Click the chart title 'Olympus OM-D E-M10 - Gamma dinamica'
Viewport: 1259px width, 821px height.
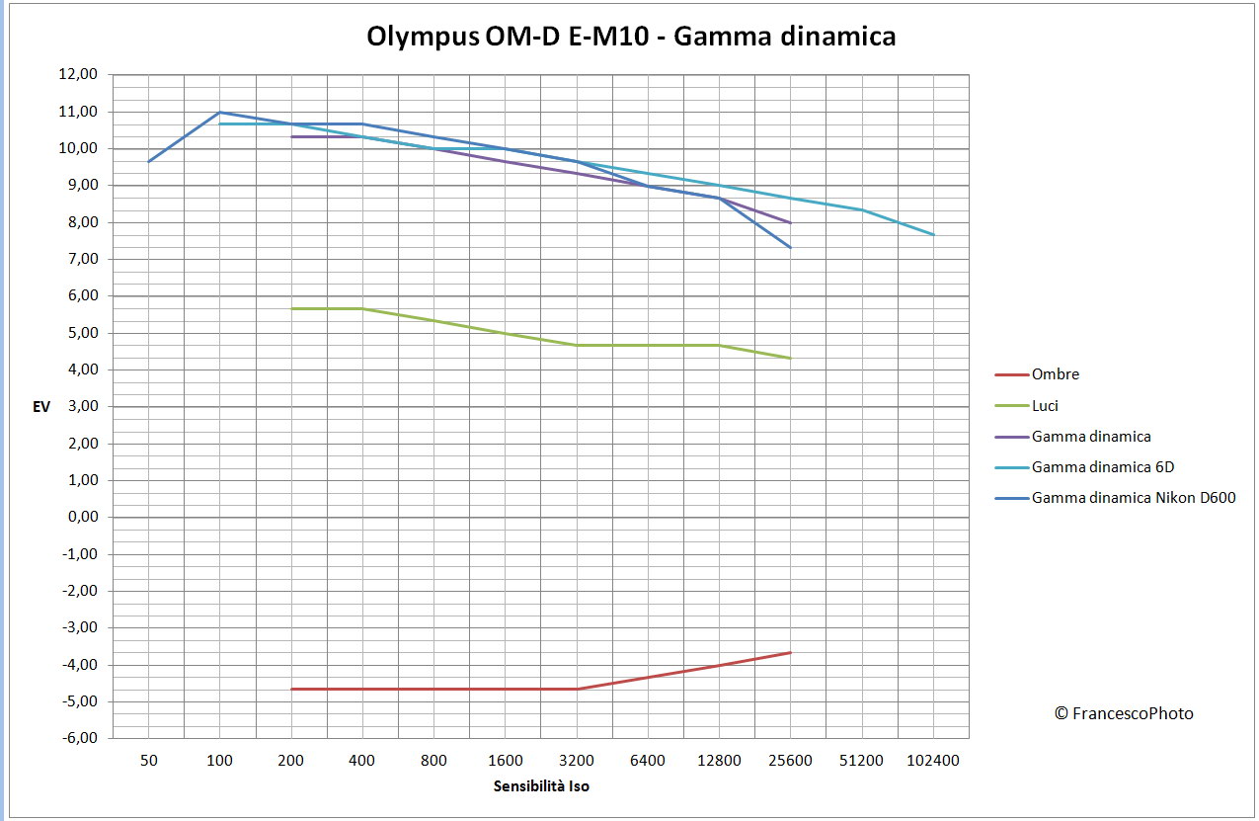631,37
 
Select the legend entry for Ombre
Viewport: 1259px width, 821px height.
1055,374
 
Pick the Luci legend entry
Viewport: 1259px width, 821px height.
1046,405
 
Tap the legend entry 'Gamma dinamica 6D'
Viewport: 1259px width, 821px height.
1102,466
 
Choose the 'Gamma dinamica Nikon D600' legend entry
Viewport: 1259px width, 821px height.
1133,498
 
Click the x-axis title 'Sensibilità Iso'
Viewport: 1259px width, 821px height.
541,786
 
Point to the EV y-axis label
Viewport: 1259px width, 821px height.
41,406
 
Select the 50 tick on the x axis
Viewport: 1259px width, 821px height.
148,760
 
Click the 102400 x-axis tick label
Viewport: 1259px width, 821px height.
933,760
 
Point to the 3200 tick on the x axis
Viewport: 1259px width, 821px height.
577,760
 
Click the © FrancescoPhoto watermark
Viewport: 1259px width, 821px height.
1124,713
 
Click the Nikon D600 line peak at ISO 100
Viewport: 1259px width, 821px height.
219,112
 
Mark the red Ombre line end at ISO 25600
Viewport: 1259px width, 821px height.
791,652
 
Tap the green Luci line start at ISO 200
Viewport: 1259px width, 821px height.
291,308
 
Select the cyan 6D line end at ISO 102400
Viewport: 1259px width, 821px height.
933,234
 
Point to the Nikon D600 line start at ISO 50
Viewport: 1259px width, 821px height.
148,161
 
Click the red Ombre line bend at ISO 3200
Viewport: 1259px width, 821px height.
577,689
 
